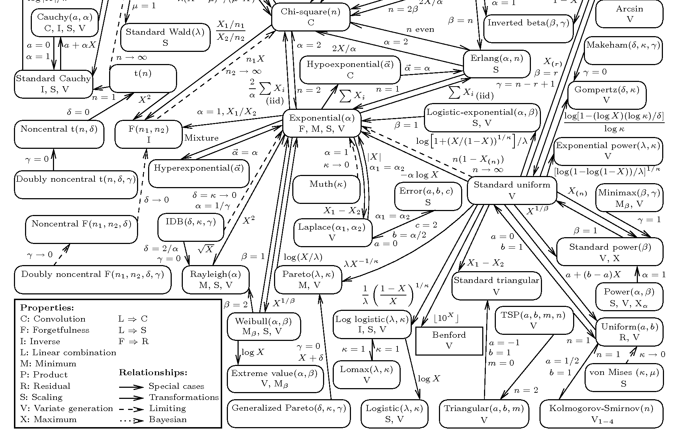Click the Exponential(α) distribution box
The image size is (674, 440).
point(322,123)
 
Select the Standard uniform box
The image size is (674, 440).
point(512,190)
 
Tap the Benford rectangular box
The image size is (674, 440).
point(449,341)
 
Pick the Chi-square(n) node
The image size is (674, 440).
point(310,17)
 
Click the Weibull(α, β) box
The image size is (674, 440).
point(264,326)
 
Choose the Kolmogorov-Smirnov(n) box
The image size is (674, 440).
point(601,414)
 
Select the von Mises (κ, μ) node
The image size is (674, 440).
point(624,377)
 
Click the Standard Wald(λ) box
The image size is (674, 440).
point(165,37)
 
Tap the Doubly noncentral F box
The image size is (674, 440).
point(93,279)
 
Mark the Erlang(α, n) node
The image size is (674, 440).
point(496,64)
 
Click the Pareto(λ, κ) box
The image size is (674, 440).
point(308,279)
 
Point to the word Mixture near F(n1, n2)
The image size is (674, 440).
point(201,138)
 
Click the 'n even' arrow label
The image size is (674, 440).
point(420,29)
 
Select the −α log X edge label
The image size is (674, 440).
point(419,175)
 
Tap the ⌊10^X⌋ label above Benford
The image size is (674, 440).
point(446,318)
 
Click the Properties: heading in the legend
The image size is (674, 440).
point(47,308)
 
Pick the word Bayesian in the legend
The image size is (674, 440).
point(168,419)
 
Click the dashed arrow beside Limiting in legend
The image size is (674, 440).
point(131,409)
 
